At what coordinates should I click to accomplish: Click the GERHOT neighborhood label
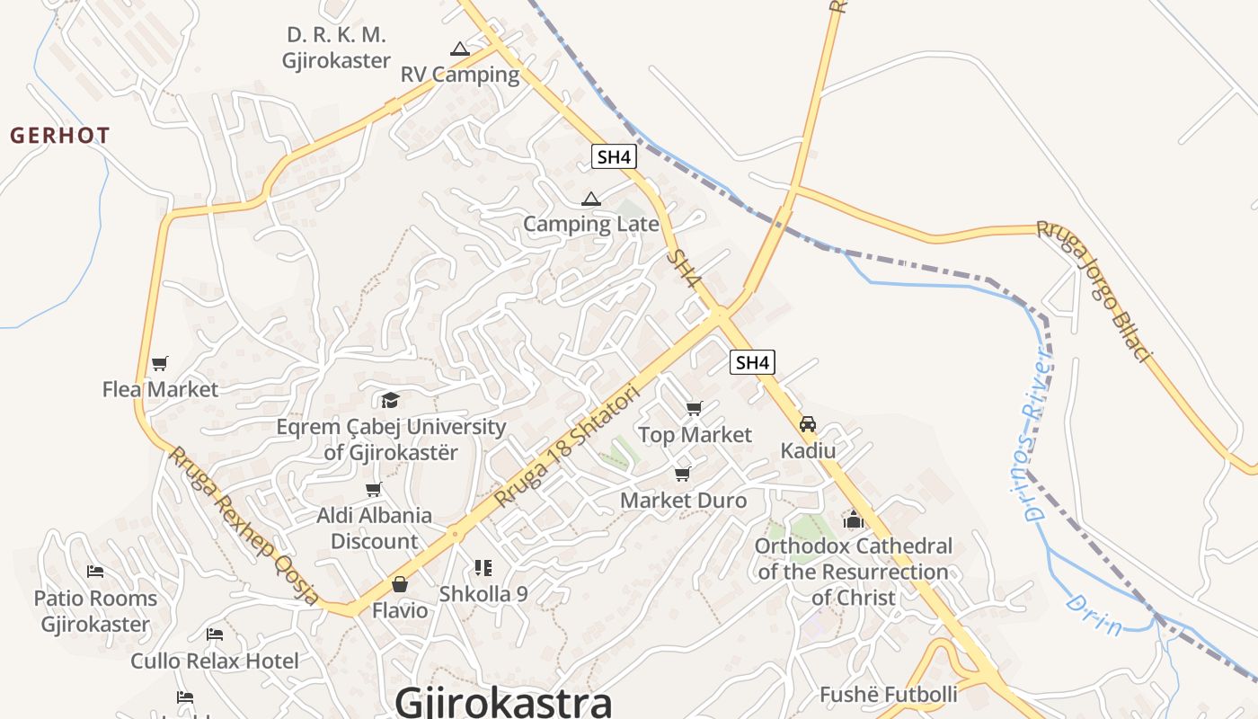[x=60, y=136]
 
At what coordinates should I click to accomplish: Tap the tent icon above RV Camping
[x=460, y=49]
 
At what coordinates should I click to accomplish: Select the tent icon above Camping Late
[x=590, y=199]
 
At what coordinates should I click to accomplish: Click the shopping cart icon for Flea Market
[x=160, y=363]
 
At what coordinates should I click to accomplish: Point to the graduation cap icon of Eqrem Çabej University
[x=390, y=400]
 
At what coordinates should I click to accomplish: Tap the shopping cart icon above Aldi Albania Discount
[x=374, y=489]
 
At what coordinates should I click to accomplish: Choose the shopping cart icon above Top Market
[x=694, y=409]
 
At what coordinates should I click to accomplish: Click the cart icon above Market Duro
[x=683, y=474]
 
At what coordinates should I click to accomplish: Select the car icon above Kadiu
[x=808, y=424]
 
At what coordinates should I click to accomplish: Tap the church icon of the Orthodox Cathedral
[x=853, y=519]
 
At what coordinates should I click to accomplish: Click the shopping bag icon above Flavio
[x=400, y=584]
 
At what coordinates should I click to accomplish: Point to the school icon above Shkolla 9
[x=483, y=568]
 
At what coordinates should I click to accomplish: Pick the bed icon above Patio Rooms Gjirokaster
[x=95, y=572]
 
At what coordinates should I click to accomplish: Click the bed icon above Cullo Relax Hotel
[x=215, y=635]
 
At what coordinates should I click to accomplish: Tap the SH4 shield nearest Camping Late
[x=615, y=156]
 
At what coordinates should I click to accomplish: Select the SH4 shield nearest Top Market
[x=752, y=362]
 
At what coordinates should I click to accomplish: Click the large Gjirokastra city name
[x=503, y=700]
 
